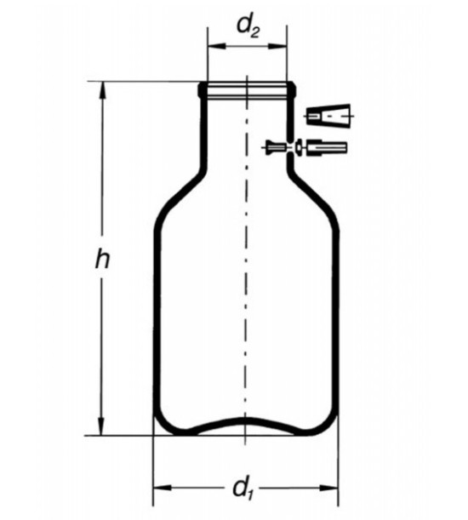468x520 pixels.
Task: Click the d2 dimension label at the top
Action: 248,27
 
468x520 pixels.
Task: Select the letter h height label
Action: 102,259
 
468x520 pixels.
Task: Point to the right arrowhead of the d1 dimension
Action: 329,488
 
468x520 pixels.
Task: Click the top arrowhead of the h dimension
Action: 103,90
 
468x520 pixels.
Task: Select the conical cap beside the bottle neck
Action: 328,115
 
